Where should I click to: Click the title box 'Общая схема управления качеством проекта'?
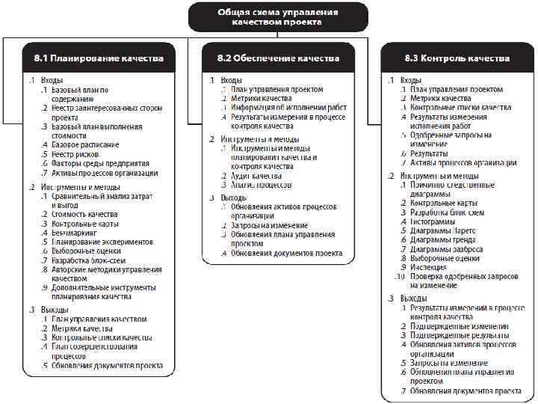pos(277,16)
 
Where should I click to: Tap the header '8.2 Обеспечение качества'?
pos(276,58)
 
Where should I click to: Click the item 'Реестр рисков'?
pos(77,153)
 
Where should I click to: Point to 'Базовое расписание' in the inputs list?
pos(85,144)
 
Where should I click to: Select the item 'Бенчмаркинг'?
pos(75,233)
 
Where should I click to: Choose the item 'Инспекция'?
pos(428,267)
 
